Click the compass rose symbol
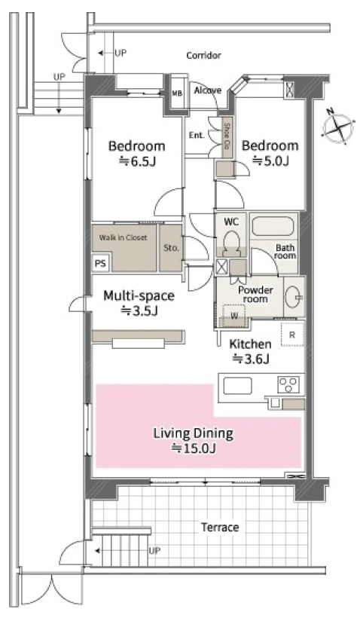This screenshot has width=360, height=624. [x=337, y=127]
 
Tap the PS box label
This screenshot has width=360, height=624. [x=101, y=264]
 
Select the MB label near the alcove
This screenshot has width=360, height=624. [x=177, y=94]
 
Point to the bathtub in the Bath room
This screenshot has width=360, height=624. [x=273, y=225]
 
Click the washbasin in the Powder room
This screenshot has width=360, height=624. [x=294, y=297]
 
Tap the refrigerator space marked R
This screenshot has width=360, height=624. [x=292, y=335]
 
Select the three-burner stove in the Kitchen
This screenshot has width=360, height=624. [x=288, y=384]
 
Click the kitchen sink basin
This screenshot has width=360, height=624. [x=237, y=386]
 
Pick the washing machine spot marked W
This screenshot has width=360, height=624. [x=234, y=316]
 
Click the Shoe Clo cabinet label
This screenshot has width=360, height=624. [x=227, y=136]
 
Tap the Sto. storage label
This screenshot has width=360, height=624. [x=171, y=247]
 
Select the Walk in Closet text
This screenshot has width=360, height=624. [x=123, y=237]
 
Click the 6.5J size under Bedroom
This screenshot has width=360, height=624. [x=137, y=161]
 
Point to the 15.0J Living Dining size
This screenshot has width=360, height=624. [x=194, y=448]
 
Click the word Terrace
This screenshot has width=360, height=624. [x=220, y=528]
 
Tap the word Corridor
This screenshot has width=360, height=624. [x=203, y=55]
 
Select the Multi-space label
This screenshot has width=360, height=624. [x=139, y=295]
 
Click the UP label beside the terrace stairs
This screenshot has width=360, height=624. [x=154, y=551]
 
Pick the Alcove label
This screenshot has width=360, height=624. [x=208, y=90]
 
